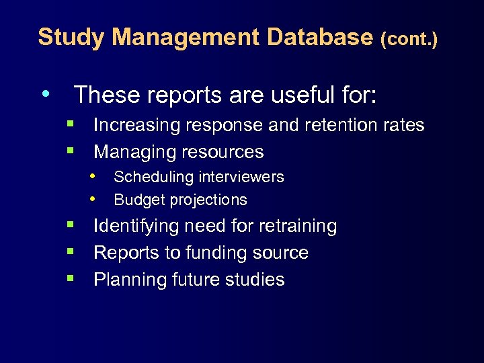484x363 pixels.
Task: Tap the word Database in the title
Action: point(319,38)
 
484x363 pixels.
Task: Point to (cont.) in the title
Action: point(409,40)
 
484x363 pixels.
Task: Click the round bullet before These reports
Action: point(44,93)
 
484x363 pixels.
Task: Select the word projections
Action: point(208,200)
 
